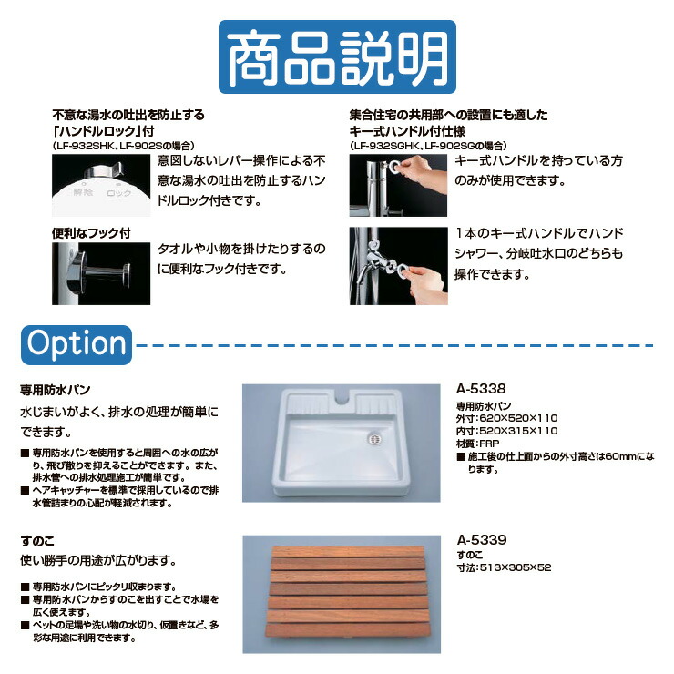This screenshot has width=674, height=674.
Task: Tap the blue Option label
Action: coord(77,343)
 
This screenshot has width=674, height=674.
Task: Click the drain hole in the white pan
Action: coord(371,438)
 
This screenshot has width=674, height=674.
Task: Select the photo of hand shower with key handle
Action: coord(398,265)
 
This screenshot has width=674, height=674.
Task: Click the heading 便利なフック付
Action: coord(91,233)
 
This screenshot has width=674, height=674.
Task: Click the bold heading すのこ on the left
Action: coord(36,539)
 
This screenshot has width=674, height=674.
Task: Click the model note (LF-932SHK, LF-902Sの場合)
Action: coord(123,145)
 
